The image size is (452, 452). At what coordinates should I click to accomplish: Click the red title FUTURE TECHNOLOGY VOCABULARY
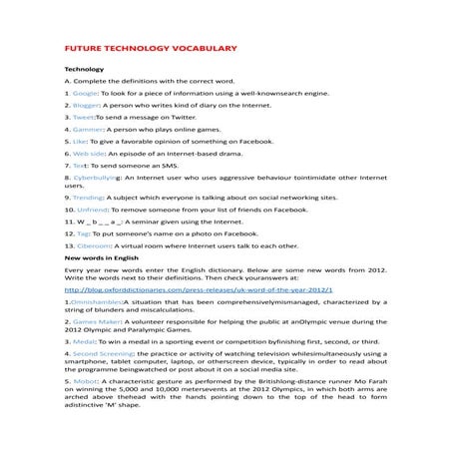(x=149, y=47)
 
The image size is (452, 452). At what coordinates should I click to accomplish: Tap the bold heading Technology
(x=84, y=69)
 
